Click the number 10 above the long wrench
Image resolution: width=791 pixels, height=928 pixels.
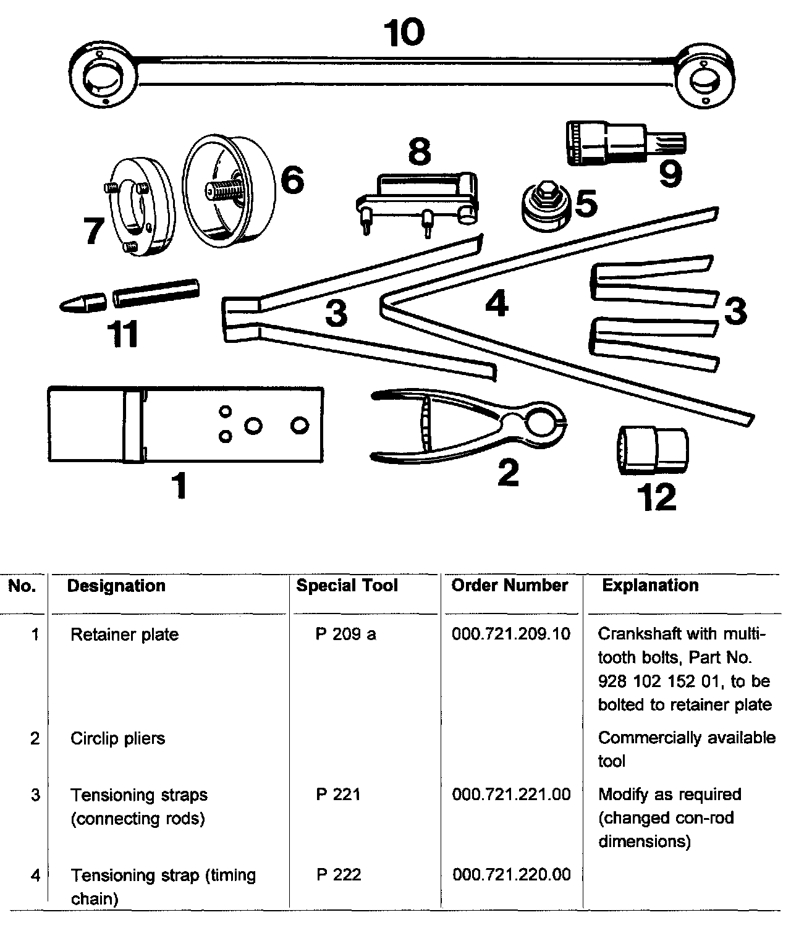pyautogui.click(x=404, y=32)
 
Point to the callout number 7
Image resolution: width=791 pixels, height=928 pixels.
pyautogui.click(x=95, y=231)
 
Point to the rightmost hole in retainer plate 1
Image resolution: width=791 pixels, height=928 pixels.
pyautogui.click(x=300, y=425)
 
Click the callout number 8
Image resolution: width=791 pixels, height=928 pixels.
pyautogui.click(x=420, y=151)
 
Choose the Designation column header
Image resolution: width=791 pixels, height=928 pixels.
pyautogui.click(x=116, y=586)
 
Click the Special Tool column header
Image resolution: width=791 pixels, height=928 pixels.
pyautogui.click(x=347, y=586)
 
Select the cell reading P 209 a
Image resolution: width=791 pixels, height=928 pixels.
pyautogui.click(x=345, y=635)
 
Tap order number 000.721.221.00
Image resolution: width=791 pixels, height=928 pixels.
pyautogui.click(x=511, y=795)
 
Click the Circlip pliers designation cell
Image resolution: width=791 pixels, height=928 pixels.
pyautogui.click(x=117, y=738)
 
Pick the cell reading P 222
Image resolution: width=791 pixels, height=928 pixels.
pyautogui.click(x=339, y=875)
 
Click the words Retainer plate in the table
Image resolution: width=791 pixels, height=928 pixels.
pyautogui.click(x=124, y=635)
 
